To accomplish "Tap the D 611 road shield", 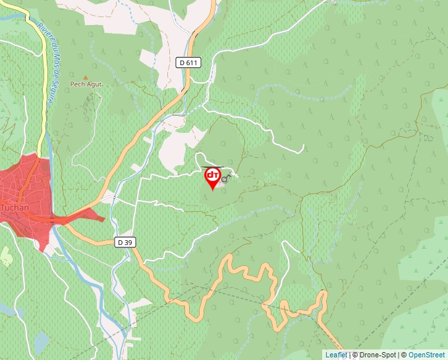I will tap(188, 63).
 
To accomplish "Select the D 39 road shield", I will tap(125, 242).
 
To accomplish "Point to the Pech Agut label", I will tap(86, 84).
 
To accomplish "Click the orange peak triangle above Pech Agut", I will tap(85, 76).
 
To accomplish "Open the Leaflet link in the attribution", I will tap(336, 355).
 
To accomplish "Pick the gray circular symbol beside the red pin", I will tap(225, 179).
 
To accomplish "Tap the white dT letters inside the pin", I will tap(213, 175).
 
